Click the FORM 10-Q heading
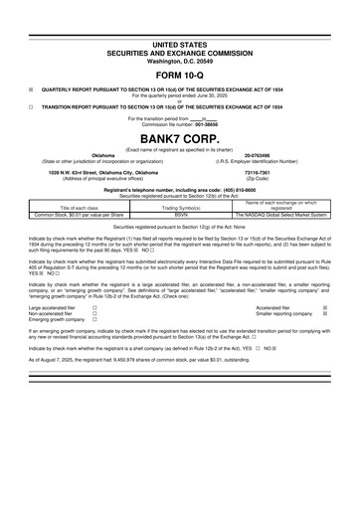[180, 76]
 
